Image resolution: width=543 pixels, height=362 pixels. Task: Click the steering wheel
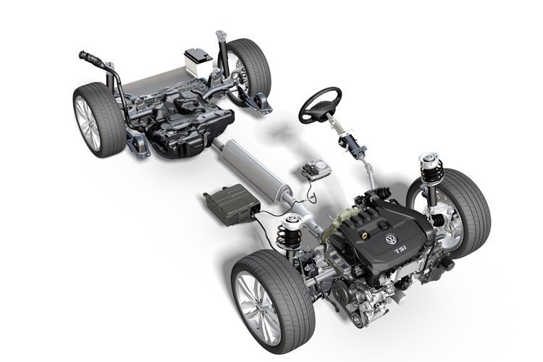319,106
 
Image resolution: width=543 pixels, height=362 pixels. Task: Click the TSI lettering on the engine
400,249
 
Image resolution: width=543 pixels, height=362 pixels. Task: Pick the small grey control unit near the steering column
316,170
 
